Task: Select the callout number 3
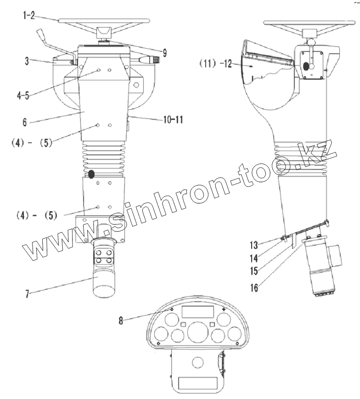coord(28,61)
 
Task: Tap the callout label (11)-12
coord(215,63)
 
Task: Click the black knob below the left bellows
coord(91,174)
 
